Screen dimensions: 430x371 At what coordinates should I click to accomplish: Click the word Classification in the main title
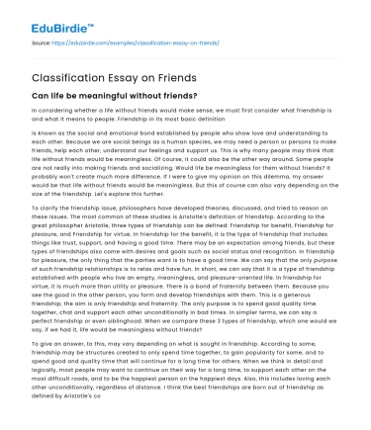(x=70, y=74)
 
